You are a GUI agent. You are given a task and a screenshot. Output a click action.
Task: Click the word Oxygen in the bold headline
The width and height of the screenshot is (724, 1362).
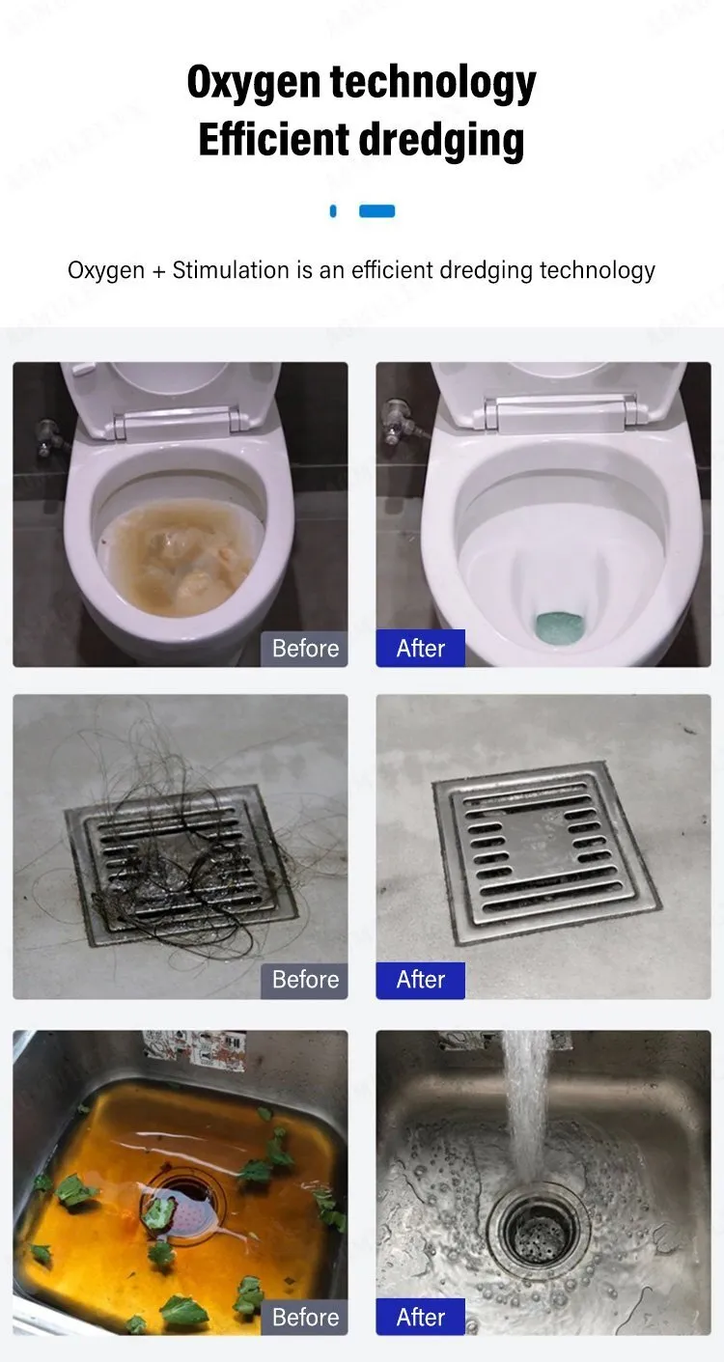[253, 83]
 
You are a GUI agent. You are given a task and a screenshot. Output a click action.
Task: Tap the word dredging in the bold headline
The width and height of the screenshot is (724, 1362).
[441, 140]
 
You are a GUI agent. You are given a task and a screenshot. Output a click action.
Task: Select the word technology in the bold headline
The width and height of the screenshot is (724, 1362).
[433, 83]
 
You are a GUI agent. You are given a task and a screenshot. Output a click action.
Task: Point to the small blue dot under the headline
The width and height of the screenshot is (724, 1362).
[332, 211]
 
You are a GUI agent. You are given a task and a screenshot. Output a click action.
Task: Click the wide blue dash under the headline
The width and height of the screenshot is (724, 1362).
[376, 211]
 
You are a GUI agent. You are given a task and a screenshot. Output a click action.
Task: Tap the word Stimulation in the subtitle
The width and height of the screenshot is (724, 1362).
[231, 270]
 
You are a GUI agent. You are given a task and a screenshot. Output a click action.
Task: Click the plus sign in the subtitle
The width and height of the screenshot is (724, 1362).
[158, 271]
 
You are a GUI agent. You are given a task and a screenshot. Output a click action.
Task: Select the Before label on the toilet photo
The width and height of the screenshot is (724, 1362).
[305, 648]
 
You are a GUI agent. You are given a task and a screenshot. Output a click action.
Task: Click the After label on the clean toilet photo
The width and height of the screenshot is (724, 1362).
[420, 648]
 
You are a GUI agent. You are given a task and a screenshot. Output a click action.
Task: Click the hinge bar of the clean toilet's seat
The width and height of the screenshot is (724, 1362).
[562, 411]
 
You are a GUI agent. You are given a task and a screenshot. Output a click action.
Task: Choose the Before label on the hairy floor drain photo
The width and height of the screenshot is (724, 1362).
[305, 980]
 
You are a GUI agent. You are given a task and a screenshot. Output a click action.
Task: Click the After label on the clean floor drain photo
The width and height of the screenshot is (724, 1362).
[420, 980]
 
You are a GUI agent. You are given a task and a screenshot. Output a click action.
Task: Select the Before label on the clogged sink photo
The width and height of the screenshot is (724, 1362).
[305, 1317]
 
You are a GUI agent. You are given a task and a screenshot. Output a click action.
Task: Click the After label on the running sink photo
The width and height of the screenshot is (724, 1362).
[420, 1317]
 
